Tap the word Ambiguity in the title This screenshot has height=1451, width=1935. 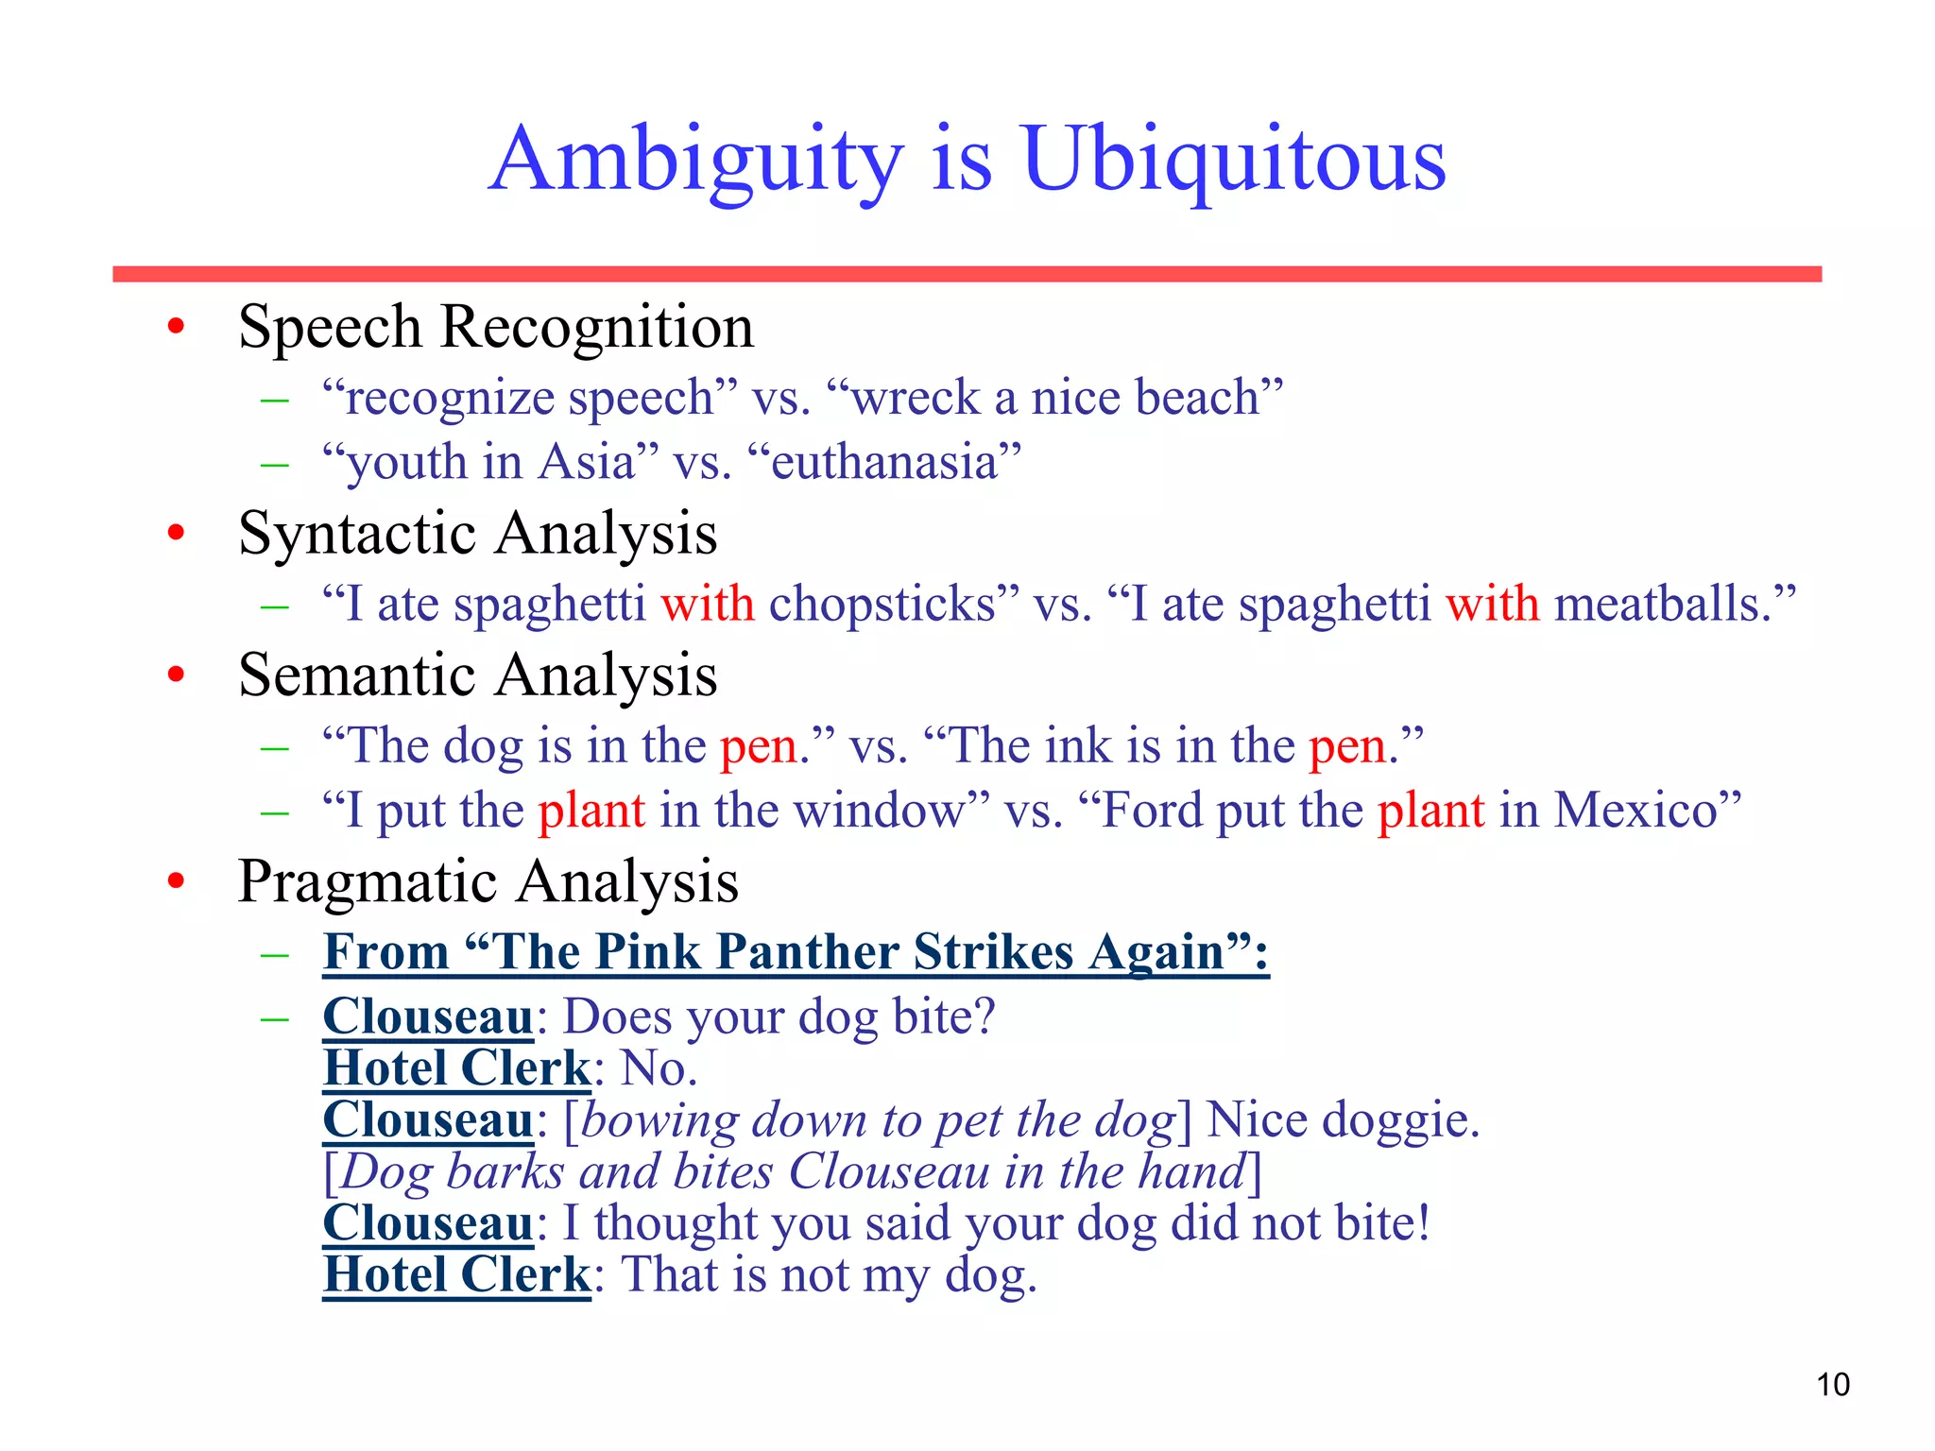[x=697, y=161]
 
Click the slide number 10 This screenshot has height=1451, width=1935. [x=1833, y=1385]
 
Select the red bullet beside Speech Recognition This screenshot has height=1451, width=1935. [x=176, y=327]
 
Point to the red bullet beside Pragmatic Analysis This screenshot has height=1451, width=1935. [x=176, y=881]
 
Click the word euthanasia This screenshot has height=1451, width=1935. [x=884, y=463]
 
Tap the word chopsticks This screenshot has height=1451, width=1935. [x=882, y=605]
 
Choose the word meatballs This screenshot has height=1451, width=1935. [x=1663, y=605]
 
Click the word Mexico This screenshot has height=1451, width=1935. [x=1635, y=811]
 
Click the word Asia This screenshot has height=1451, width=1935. [x=587, y=463]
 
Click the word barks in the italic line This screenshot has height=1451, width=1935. [x=505, y=1172]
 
